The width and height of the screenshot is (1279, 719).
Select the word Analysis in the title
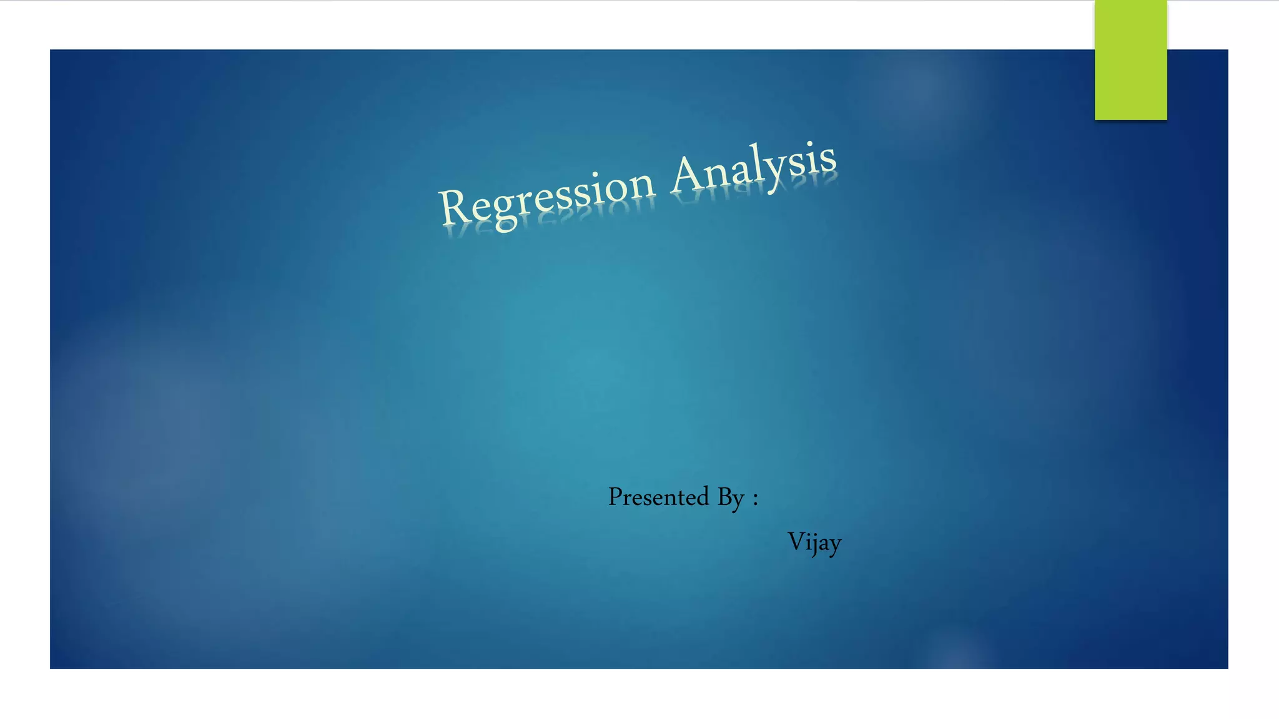(x=754, y=167)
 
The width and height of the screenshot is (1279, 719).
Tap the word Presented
(x=659, y=497)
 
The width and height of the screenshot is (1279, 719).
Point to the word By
(x=731, y=498)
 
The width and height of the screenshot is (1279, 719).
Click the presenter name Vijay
(x=814, y=542)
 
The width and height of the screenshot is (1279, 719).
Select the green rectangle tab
(x=1130, y=60)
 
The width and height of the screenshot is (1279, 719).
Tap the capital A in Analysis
(x=688, y=174)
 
